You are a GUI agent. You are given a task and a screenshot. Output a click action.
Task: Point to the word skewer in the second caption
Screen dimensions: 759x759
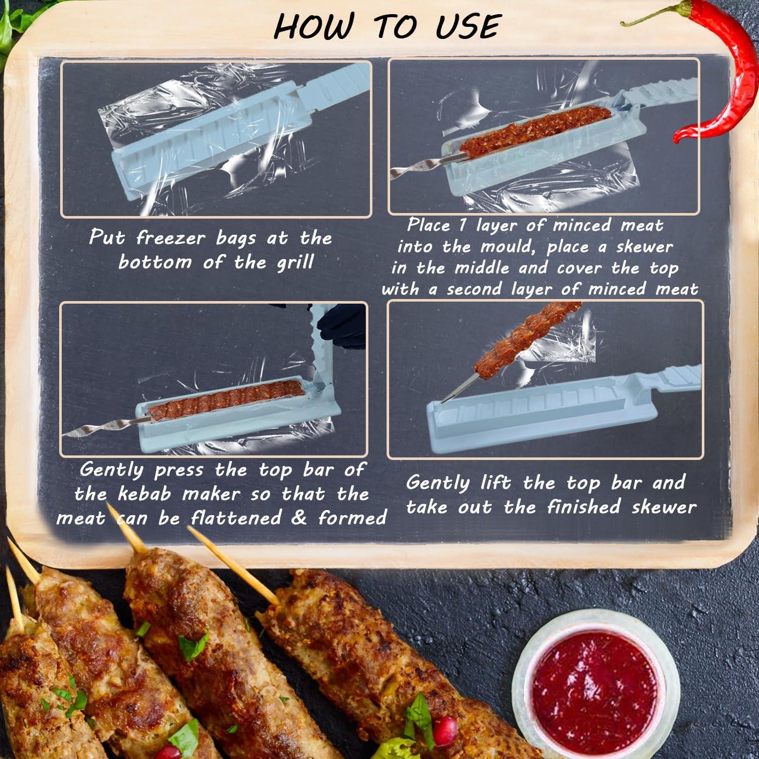(x=644, y=247)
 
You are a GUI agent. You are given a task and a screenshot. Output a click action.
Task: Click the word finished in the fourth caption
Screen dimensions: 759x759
(x=584, y=507)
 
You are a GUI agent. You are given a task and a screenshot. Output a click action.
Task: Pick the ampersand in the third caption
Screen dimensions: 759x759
(x=299, y=518)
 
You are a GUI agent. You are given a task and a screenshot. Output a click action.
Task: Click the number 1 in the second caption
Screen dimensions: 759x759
(x=462, y=225)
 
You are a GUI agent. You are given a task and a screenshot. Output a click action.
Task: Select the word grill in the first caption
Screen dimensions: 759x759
(x=295, y=262)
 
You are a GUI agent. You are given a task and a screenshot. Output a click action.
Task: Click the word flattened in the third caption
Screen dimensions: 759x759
(x=236, y=518)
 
